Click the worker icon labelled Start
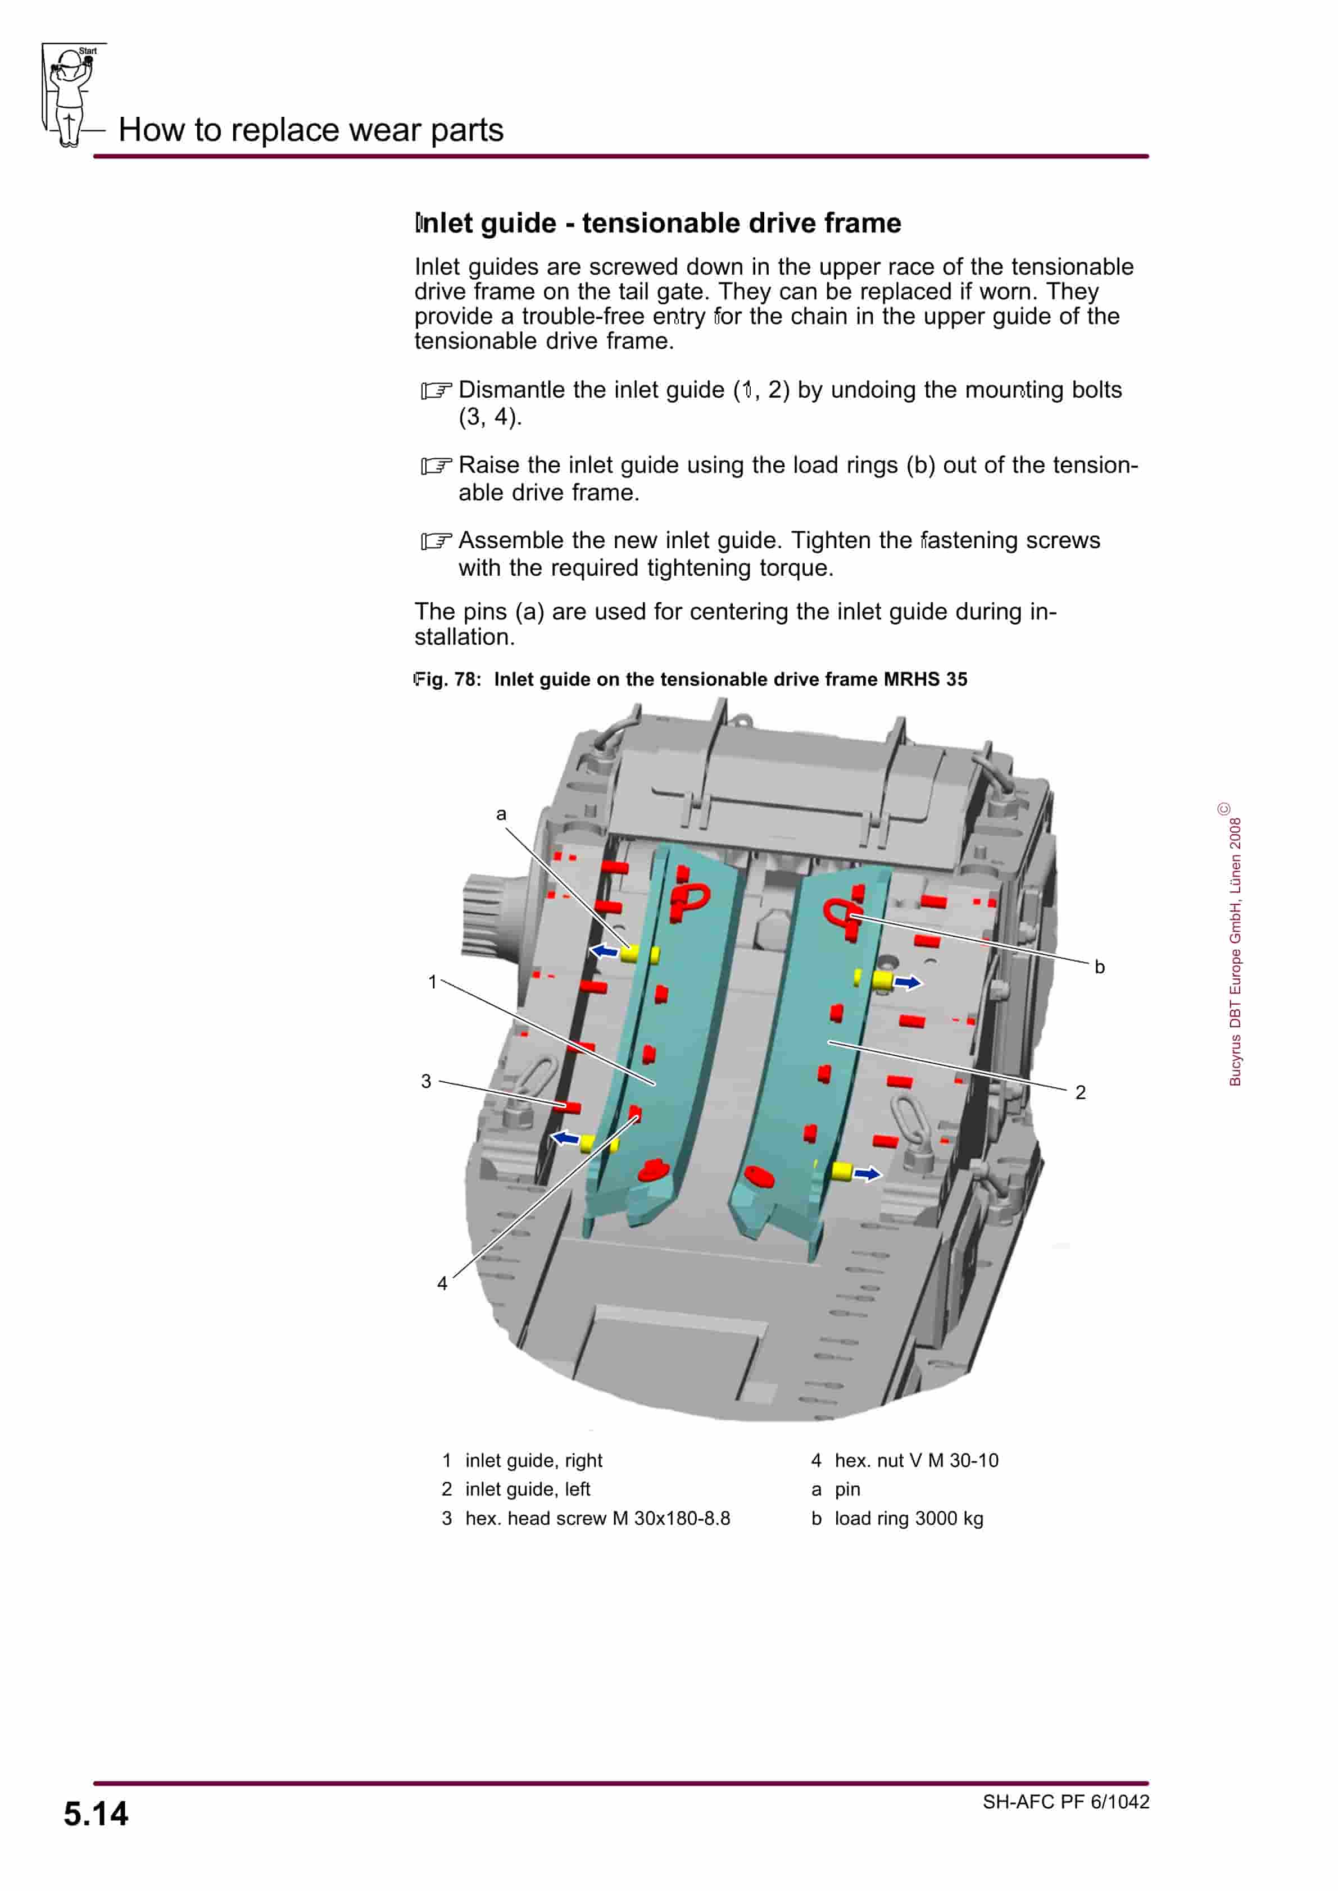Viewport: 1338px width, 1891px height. point(71,95)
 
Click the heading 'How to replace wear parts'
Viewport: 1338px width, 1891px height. point(311,130)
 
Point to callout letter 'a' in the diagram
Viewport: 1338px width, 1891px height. point(501,814)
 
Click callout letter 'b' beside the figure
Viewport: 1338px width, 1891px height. point(1099,967)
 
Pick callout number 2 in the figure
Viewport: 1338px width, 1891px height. point(1080,1092)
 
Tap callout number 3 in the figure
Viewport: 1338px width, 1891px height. point(426,1081)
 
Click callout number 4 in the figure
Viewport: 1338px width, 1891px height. point(442,1283)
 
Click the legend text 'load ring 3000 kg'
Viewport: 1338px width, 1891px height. point(909,1518)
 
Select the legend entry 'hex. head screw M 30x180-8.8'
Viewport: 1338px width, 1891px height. point(597,1518)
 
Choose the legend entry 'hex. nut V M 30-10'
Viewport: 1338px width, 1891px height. point(916,1460)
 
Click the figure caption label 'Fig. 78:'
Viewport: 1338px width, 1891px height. point(447,680)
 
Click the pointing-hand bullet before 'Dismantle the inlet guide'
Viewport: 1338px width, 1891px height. point(436,390)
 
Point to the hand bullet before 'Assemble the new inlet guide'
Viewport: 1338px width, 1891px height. point(436,541)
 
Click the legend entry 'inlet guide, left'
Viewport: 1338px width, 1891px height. point(527,1489)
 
